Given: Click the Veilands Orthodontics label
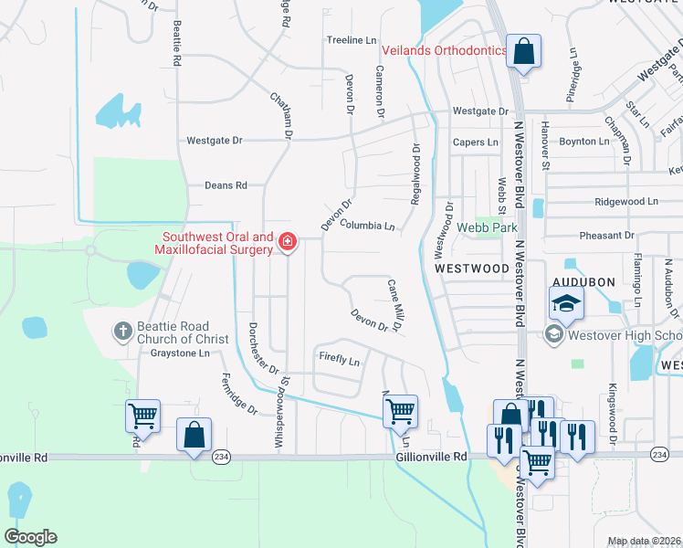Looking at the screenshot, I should [x=443, y=51].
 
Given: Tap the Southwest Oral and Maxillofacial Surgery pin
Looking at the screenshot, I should [x=288, y=242].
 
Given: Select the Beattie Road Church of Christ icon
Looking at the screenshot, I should [x=123, y=332].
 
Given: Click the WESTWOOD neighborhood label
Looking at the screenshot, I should [x=471, y=269].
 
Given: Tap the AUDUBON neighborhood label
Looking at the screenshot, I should [x=583, y=282].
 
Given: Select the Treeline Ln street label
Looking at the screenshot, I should [x=352, y=40].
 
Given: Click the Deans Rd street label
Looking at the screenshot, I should [x=226, y=184].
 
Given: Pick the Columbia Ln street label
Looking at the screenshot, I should [x=367, y=225].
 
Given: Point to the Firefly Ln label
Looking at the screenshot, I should [x=339, y=360].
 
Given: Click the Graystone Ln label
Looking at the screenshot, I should [x=180, y=352].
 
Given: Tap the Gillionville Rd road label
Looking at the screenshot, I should [x=432, y=456].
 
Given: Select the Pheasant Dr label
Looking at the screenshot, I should [x=606, y=235].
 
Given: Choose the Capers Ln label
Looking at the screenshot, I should [x=476, y=142].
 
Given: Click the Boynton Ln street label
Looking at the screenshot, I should [x=583, y=142].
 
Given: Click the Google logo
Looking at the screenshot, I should [x=30, y=537].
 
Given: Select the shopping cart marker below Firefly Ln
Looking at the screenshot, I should [x=400, y=413].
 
